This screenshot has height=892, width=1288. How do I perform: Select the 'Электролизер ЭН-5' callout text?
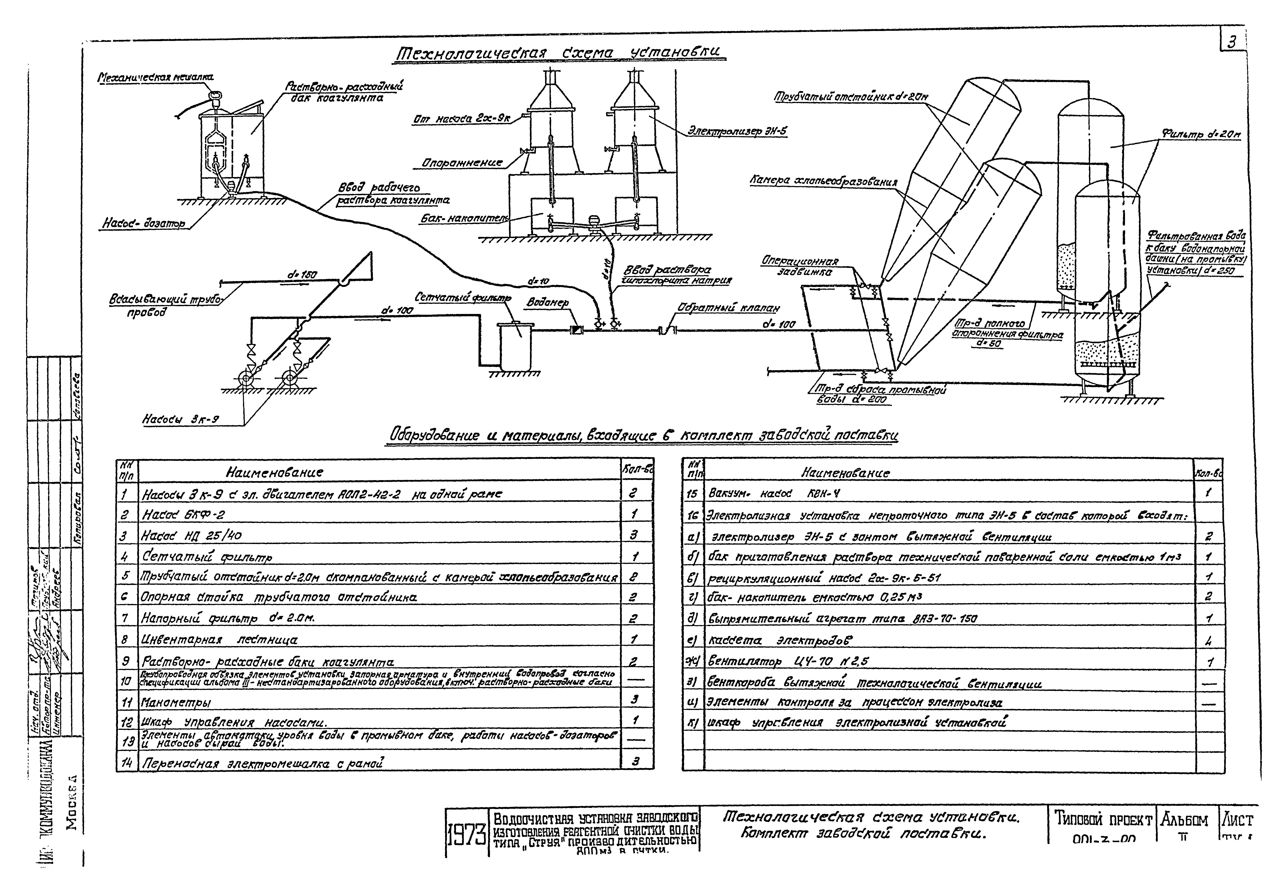click(737, 131)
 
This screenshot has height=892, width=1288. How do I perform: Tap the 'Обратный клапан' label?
click(728, 308)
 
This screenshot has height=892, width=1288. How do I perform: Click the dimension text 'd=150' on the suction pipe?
click(302, 275)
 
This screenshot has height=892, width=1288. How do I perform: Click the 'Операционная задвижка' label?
click(800, 267)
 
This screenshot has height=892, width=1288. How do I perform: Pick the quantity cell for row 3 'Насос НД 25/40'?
click(634, 535)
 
